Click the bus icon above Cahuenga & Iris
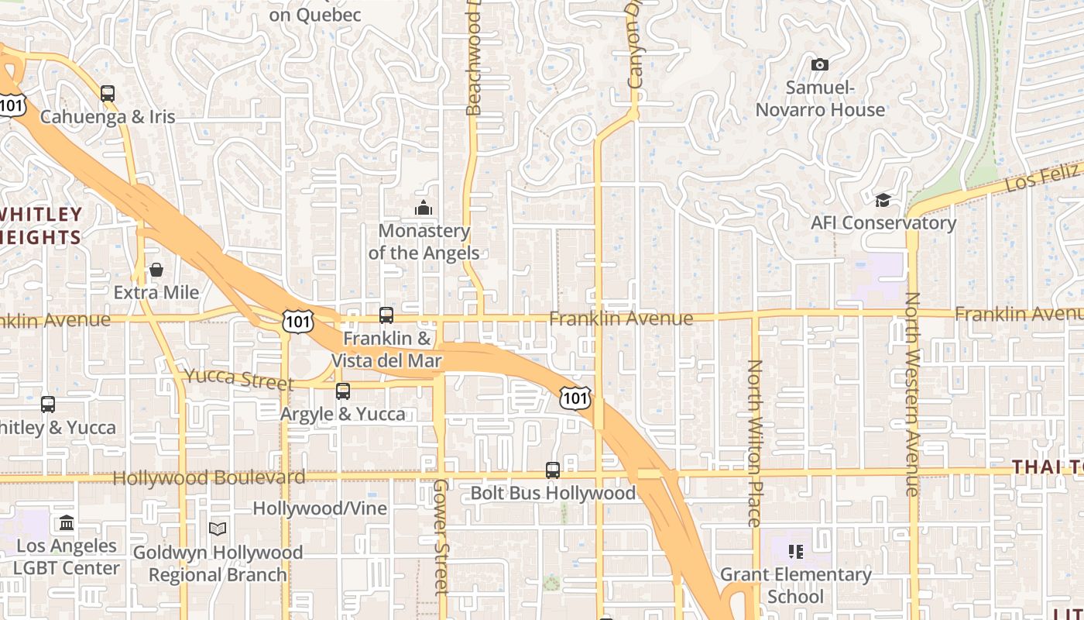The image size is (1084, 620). click(x=108, y=94)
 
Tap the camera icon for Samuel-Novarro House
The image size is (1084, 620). click(x=819, y=65)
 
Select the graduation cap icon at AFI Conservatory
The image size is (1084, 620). click(x=883, y=201)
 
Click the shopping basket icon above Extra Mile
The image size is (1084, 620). click(x=156, y=270)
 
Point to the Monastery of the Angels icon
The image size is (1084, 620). click(x=423, y=208)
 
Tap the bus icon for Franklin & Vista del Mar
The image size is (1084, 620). click(x=386, y=315)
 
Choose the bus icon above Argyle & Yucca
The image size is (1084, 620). click(x=343, y=391)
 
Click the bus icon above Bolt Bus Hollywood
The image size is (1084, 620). click(x=553, y=470)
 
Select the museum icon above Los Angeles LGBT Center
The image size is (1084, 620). click(x=67, y=523)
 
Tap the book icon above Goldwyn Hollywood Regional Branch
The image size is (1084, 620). click(x=218, y=529)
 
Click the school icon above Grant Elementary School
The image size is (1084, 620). click(x=796, y=552)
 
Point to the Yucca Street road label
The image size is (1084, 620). click(x=238, y=380)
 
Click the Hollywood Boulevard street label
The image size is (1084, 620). click(x=209, y=477)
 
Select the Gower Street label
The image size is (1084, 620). click(x=441, y=536)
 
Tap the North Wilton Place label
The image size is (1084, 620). click(x=755, y=443)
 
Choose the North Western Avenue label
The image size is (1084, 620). click(x=913, y=394)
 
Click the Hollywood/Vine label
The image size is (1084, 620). click(x=320, y=508)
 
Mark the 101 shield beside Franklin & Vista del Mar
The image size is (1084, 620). click(x=297, y=322)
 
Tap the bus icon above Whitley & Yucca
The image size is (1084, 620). click(x=48, y=405)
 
